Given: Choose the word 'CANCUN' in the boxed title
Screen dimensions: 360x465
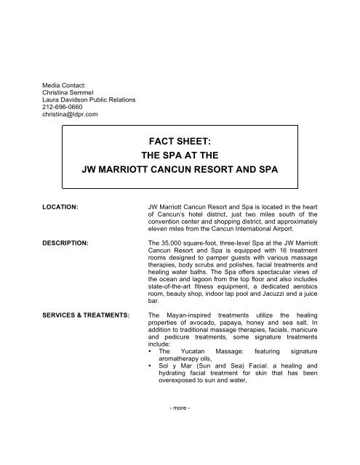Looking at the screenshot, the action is tap(201, 175).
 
